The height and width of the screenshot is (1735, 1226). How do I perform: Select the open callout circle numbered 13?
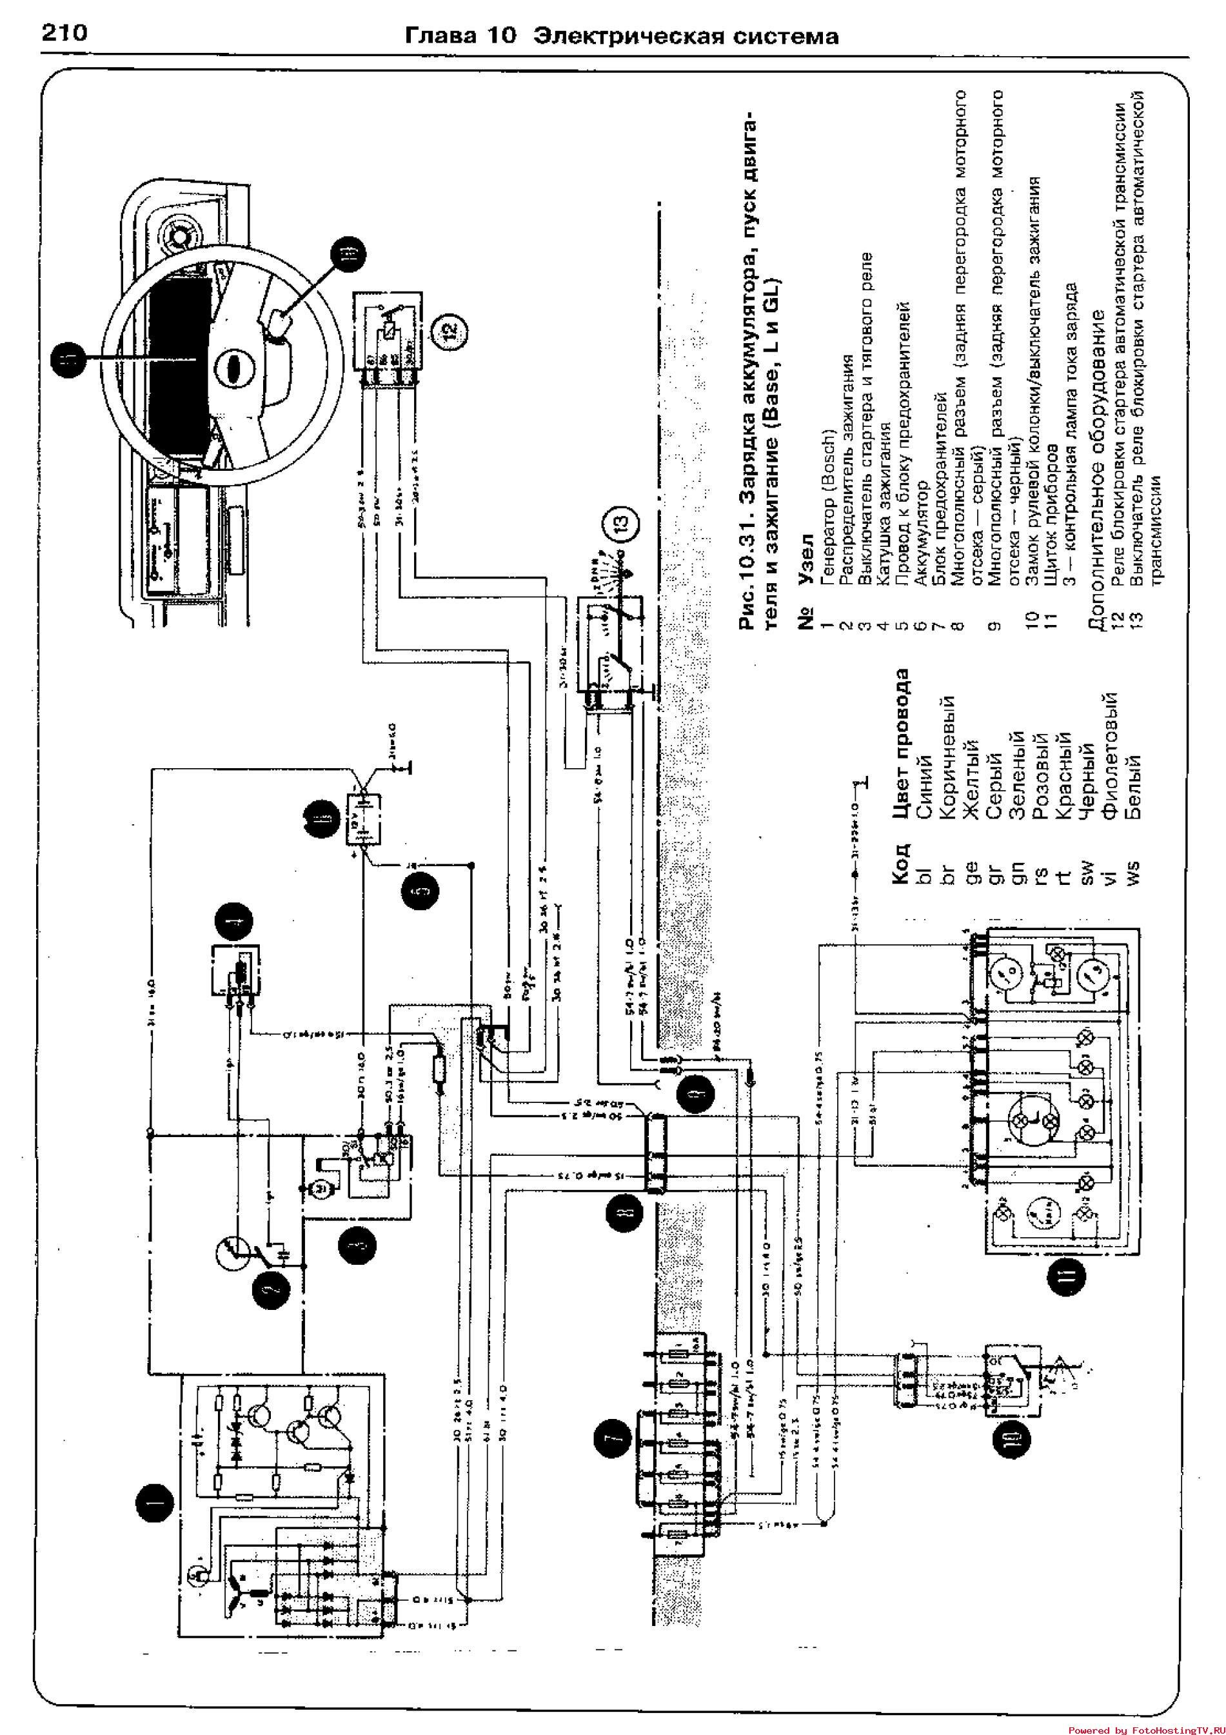pos(618,524)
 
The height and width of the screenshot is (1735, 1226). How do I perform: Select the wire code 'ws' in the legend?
pos(1132,873)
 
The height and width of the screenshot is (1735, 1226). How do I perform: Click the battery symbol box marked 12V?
pos(363,818)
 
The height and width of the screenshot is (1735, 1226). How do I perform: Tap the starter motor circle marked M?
pos(310,1189)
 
